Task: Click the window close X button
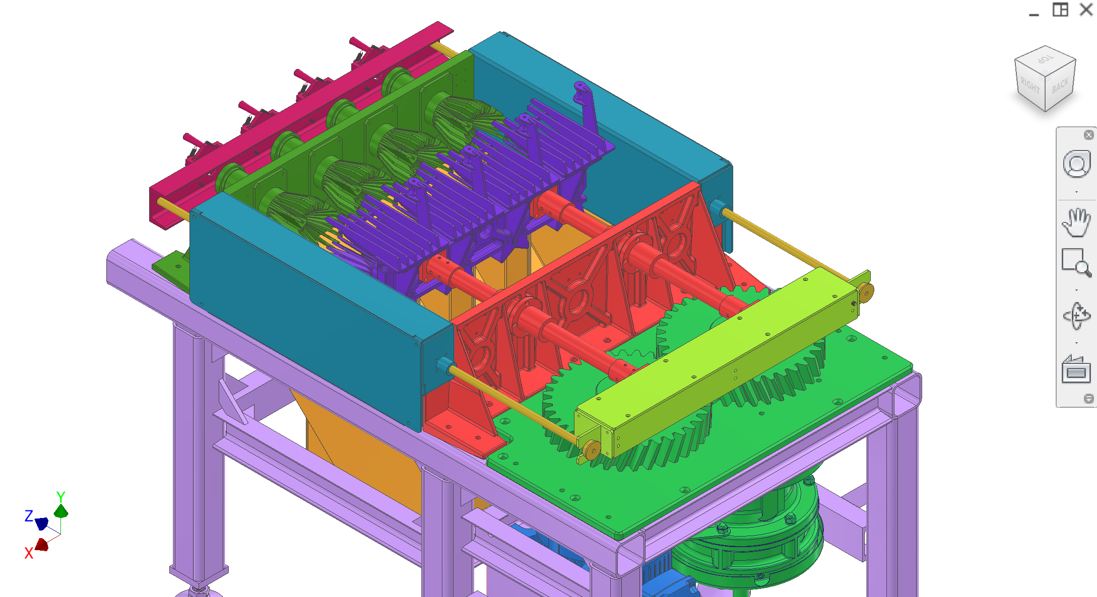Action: tap(1086, 10)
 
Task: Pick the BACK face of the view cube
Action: tap(1060, 86)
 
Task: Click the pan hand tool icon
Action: tap(1076, 222)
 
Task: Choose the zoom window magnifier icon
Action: tap(1076, 262)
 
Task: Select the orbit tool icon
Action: tap(1076, 316)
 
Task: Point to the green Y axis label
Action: tap(60, 497)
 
